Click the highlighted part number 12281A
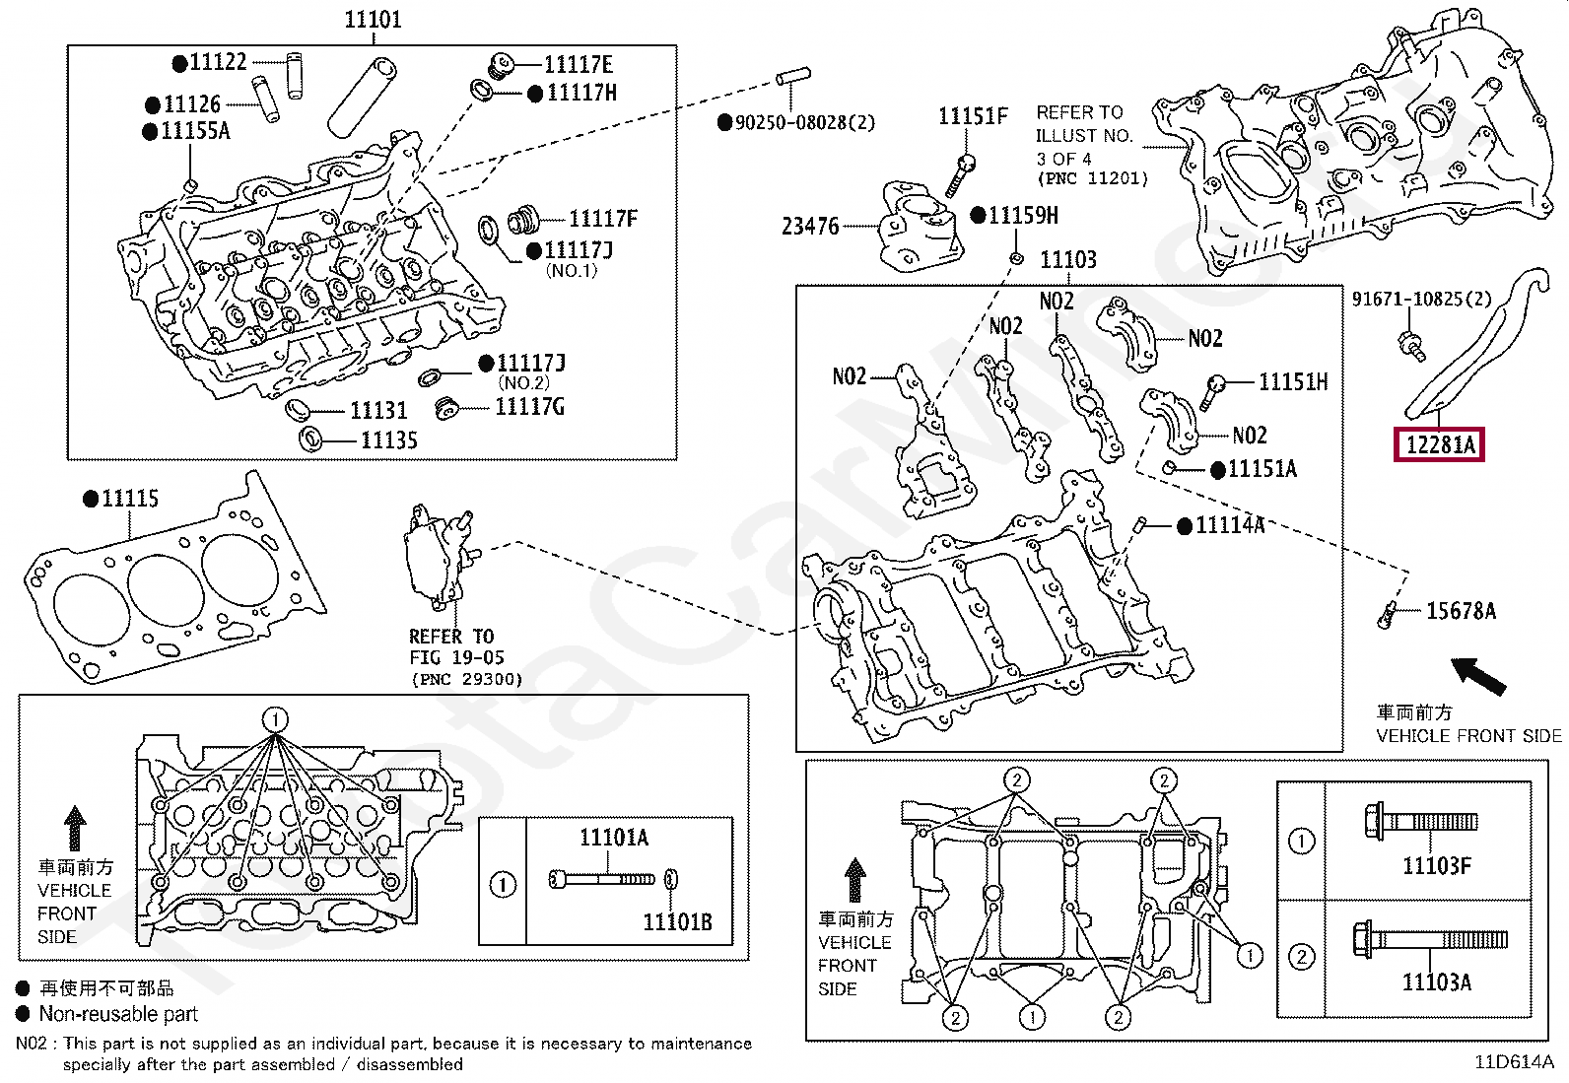[x=1439, y=444]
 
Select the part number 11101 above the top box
[x=373, y=19]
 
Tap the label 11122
[x=218, y=62]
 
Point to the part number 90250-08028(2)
[x=805, y=122]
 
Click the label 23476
[x=810, y=227]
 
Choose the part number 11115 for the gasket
[x=130, y=498]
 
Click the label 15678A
[x=1462, y=611]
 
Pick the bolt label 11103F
[x=1437, y=866]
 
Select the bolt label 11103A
[x=1437, y=982]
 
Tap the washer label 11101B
[x=677, y=922]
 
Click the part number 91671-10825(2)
[x=1422, y=300]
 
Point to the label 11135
[x=388, y=440]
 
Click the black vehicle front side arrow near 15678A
[x=1478, y=676]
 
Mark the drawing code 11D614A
[x=1515, y=1062]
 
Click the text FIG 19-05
[x=456, y=657]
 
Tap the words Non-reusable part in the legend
[x=118, y=1014]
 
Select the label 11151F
[x=973, y=116]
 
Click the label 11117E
[x=579, y=64]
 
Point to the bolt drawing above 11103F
[x=1420, y=821]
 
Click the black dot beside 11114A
[x=1185, y=526]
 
